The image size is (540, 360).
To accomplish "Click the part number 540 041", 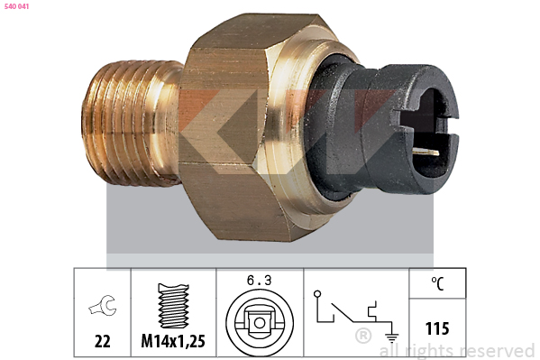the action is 16,6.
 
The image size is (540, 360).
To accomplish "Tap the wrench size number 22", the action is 102,341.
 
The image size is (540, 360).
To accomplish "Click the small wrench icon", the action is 103,305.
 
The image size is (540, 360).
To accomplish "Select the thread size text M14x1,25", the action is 173,341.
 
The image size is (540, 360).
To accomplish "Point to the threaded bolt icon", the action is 173,306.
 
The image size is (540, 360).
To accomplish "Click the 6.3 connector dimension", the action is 259,281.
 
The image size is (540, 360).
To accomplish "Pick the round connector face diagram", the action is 260,322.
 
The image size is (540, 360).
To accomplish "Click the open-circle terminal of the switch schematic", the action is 317,294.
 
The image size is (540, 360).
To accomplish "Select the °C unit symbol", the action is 437,283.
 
